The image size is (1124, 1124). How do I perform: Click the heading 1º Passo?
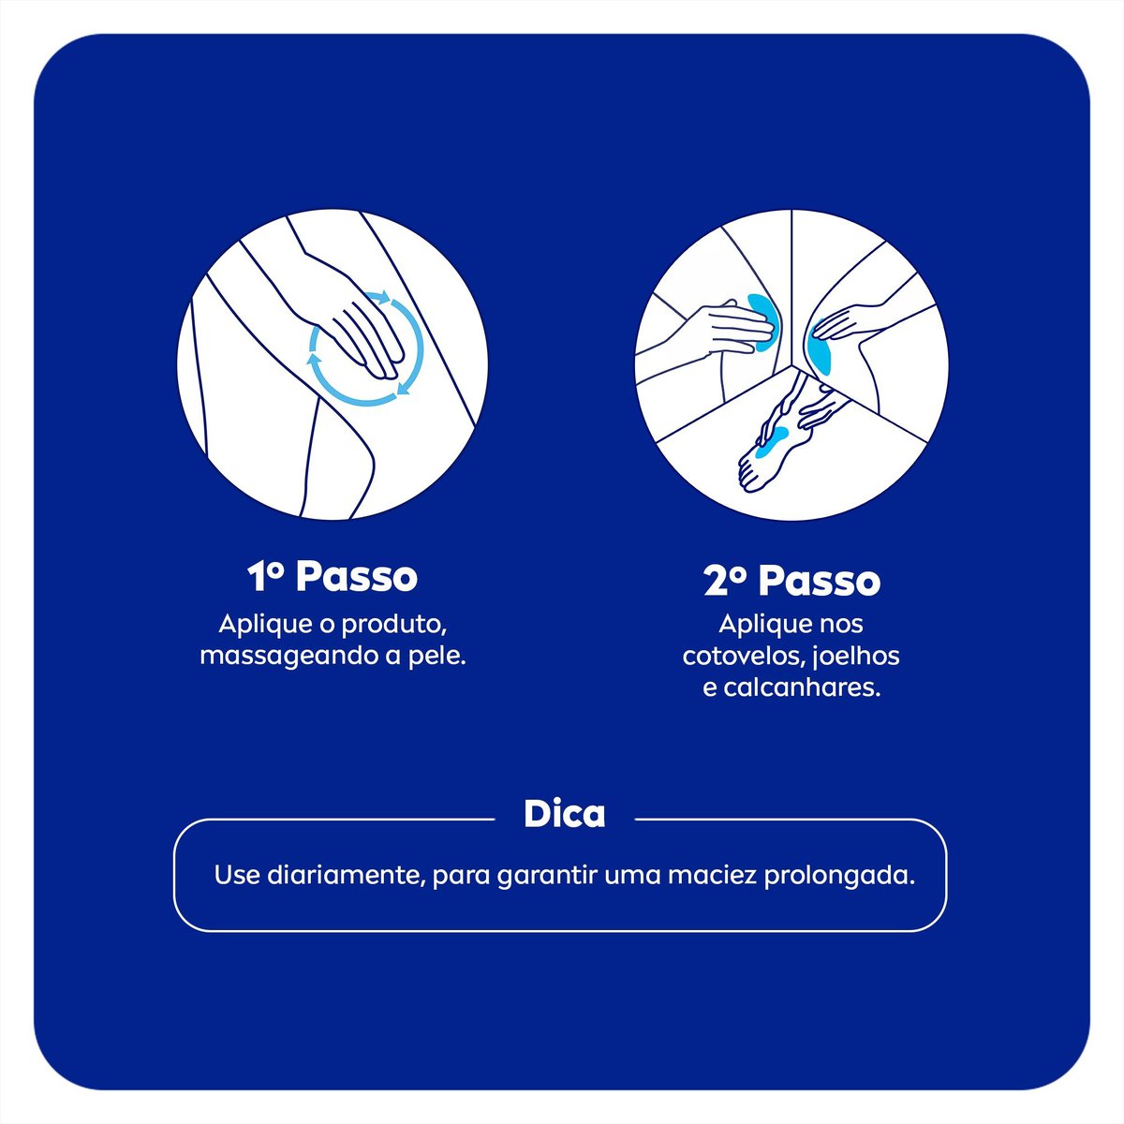click(332, 577)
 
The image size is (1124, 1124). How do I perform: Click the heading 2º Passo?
click(791, 581)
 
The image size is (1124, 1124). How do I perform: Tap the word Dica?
click(564, 814)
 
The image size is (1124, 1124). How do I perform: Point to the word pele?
click(441, 657)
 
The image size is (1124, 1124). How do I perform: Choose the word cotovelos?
click(733, 657)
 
